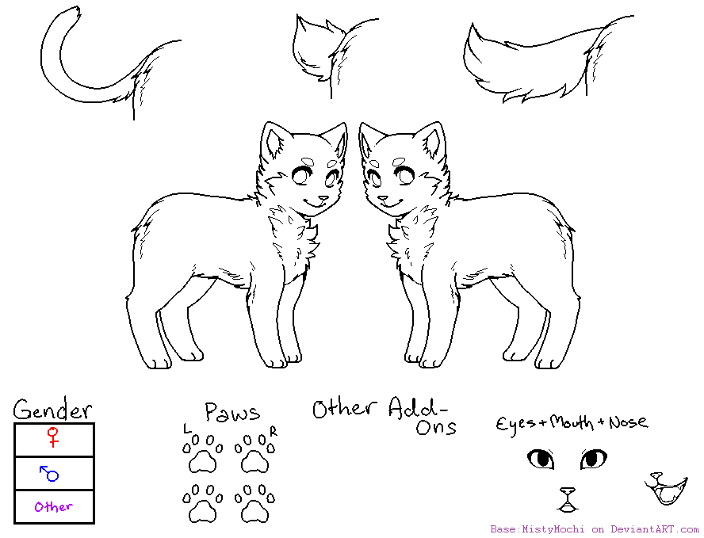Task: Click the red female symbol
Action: [54, 437]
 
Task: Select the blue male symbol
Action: [49, 473]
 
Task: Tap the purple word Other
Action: [54, 506]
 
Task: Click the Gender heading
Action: [52, 410]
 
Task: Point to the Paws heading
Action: [231, 412]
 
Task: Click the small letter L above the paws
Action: [187, 429]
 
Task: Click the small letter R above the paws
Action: [273, 430]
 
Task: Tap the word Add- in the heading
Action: [419, 409]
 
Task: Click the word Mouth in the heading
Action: [572, 422]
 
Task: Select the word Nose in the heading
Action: [628, 422]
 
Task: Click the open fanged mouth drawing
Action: [665, 490]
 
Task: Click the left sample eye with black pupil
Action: [541, 458]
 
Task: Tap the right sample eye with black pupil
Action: [593, 458]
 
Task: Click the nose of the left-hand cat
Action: [323, 198]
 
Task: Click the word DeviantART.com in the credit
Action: [655, 529]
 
